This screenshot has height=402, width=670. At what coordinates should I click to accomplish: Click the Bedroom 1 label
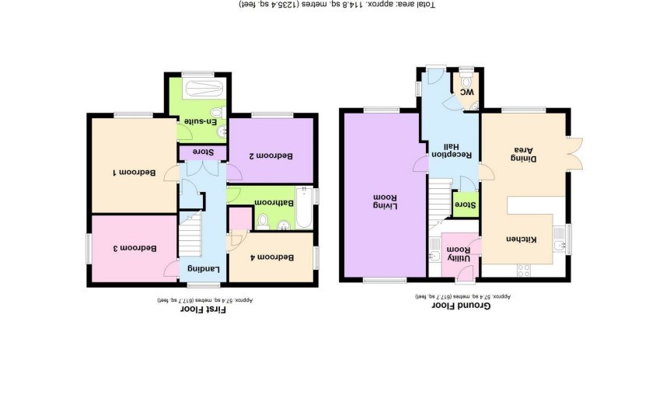[x=134, y=173]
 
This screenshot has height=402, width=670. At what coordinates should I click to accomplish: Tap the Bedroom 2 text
[x=271, y=156]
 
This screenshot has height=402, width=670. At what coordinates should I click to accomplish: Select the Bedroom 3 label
[x=134, y=248]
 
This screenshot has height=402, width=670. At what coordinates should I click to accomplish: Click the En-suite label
[x=201, y=121]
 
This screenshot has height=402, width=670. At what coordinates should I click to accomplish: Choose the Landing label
[x=204, y=269]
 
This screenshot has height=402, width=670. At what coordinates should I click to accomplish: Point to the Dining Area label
[x=524, y=154]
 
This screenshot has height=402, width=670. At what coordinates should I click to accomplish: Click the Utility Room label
[x=459, y=254]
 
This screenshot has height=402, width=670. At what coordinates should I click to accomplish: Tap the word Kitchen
[x=522, y=239]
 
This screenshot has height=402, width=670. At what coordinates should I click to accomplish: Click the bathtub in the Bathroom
[x=304, y=208]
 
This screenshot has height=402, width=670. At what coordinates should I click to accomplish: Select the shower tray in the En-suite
[x=204, y=89]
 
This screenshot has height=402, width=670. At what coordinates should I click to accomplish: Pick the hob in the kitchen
[x=523, y=271]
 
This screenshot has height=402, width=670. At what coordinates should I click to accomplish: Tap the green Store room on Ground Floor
[x=466, y=204]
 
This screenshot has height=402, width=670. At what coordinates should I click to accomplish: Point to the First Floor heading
[x=203, y=309]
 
